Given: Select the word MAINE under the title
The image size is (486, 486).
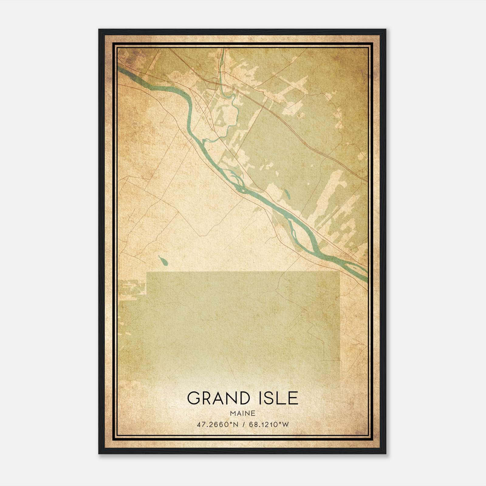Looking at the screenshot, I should pyautogui.click(x=242, y=413).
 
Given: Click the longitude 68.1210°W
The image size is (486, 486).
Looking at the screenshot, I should pyautogui.click(x=269, y=425).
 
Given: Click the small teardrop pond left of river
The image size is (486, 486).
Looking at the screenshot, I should pyautogui.click(x=163, y=260).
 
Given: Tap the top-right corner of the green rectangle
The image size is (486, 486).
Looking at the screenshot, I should pyautogui.click(x=339, y=272).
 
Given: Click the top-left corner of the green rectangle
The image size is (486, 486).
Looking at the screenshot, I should pyautogui.click(x=147, y=272).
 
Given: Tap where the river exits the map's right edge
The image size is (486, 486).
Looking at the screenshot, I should pyautogui.click(x=367, y=276).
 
